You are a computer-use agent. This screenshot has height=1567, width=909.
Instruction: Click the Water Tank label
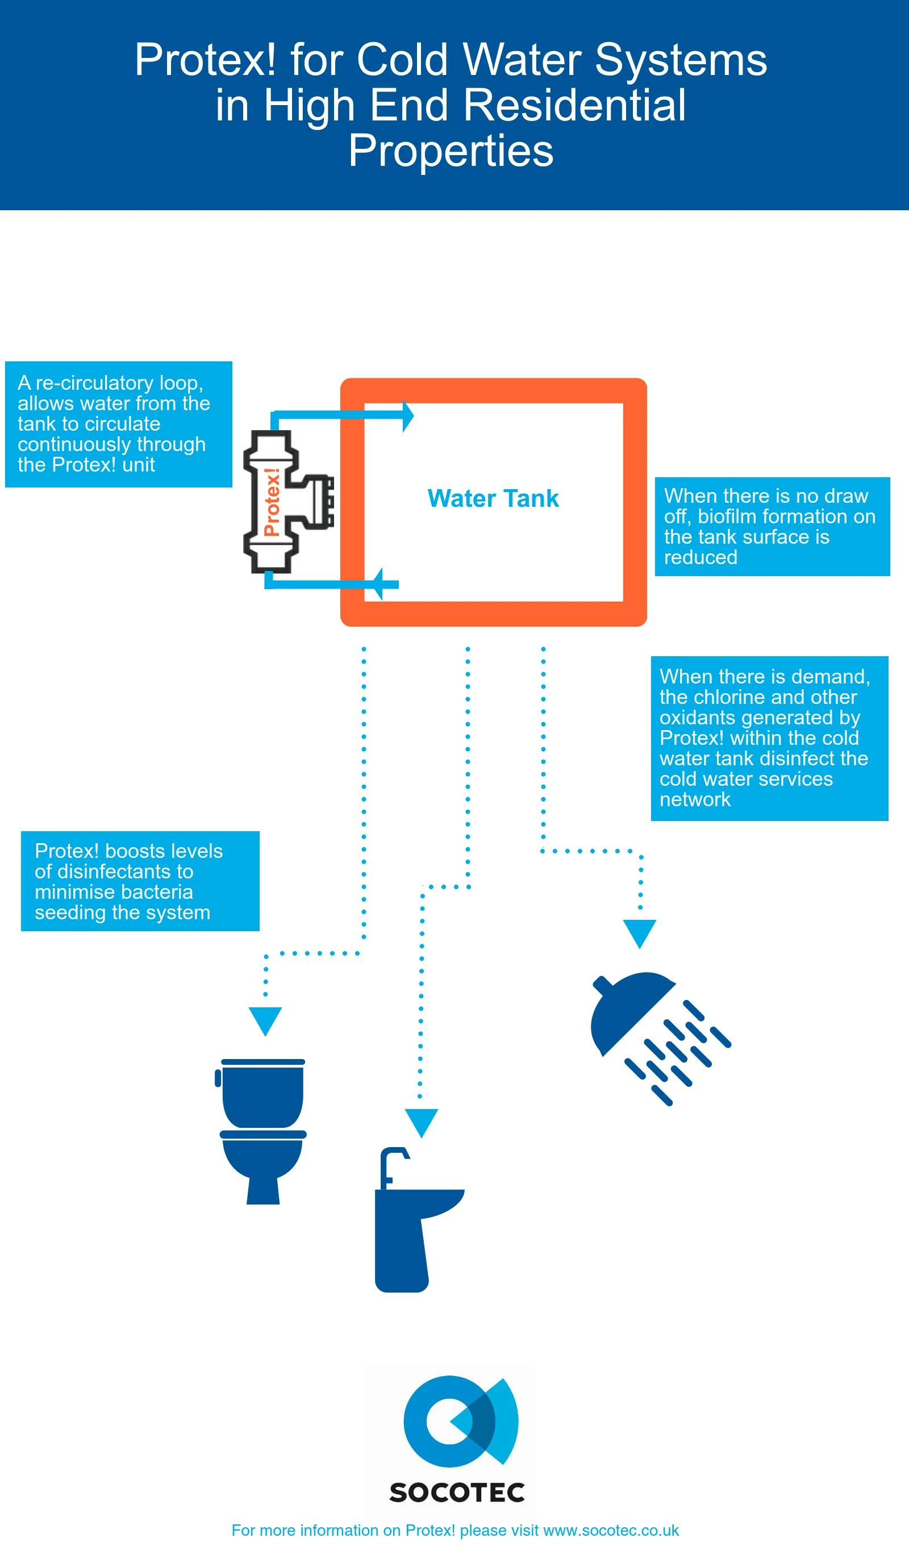(x=493, y=499)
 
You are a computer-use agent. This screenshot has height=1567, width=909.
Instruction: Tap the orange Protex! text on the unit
(x=272, y=502)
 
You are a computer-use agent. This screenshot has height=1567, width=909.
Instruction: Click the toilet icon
(x=262, y=1132)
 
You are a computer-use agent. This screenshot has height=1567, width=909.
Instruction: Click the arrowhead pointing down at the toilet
(x=265, y=1021)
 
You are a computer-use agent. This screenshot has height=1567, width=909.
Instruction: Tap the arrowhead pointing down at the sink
(x=422, y=1123)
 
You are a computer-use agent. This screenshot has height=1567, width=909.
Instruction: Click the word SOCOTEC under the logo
(x=457, y=1493)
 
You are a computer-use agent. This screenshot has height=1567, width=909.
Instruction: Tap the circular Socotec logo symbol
(x=460, y=1422)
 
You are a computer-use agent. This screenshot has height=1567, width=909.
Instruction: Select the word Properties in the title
(x=451, y=151)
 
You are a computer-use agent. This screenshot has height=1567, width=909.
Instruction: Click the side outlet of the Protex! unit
(x=320, y=501)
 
